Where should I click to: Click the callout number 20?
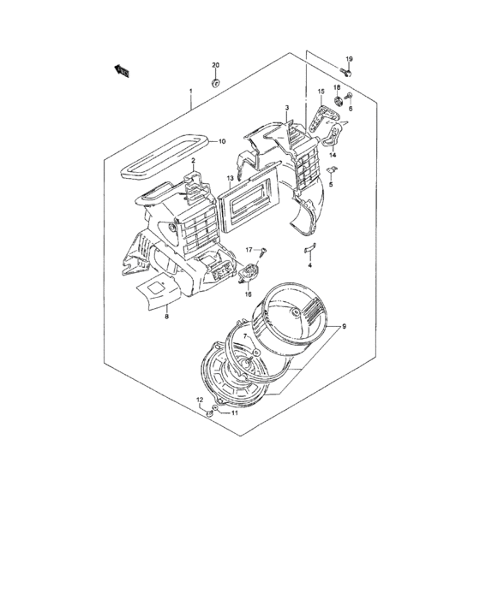[x=216, y=66]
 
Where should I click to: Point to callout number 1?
[x=191, y=92]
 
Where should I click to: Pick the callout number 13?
[x=231, y=179]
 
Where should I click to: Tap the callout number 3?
[x=287, y=108]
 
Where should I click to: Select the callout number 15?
[x=321, y=92]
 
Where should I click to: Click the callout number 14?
[x=333, y=155]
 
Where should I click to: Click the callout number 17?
[x=251, y=249]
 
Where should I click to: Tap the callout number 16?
[x=249, y=294]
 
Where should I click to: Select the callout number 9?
[x=345, y=326]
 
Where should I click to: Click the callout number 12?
[x=200, y=400]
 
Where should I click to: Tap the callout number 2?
[x=194, y=160]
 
